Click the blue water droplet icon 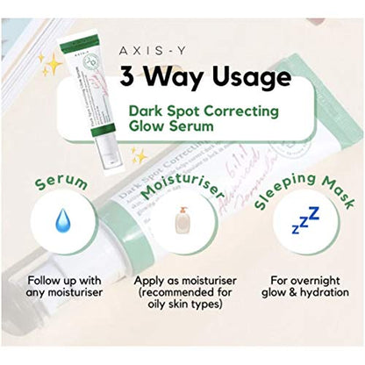(x=62, y=223)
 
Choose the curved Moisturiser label (x=180, y=183)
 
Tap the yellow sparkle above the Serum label (x=139, y=157)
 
